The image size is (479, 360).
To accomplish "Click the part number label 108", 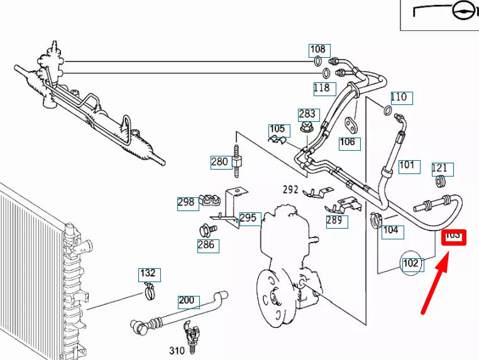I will pos(317,49).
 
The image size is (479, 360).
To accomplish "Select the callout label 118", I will pos(321,88).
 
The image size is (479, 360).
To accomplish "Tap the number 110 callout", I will pos(399,97).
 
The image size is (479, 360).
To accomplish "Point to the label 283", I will pos(307,114).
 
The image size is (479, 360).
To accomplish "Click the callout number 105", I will pos(277,130).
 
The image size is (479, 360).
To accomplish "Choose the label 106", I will pos(347,142).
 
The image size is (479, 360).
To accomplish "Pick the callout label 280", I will pos(219,161).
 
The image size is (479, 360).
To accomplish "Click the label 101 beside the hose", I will pos(407,165).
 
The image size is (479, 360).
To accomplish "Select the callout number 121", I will pos(439,168).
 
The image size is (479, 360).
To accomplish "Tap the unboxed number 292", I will pos(290,189).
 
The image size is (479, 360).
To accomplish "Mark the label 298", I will pos(186,202).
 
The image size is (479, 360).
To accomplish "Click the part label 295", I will pos(248,219).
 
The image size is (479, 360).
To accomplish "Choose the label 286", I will pos(206,245).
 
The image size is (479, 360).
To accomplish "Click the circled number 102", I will pos(410,263).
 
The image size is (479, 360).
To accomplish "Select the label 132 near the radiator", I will pos(148,273).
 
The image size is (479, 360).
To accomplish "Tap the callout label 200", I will pos(187,300).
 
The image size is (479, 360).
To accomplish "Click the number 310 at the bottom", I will pos(177,349).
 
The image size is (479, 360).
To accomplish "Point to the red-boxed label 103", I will pos(453,237).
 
